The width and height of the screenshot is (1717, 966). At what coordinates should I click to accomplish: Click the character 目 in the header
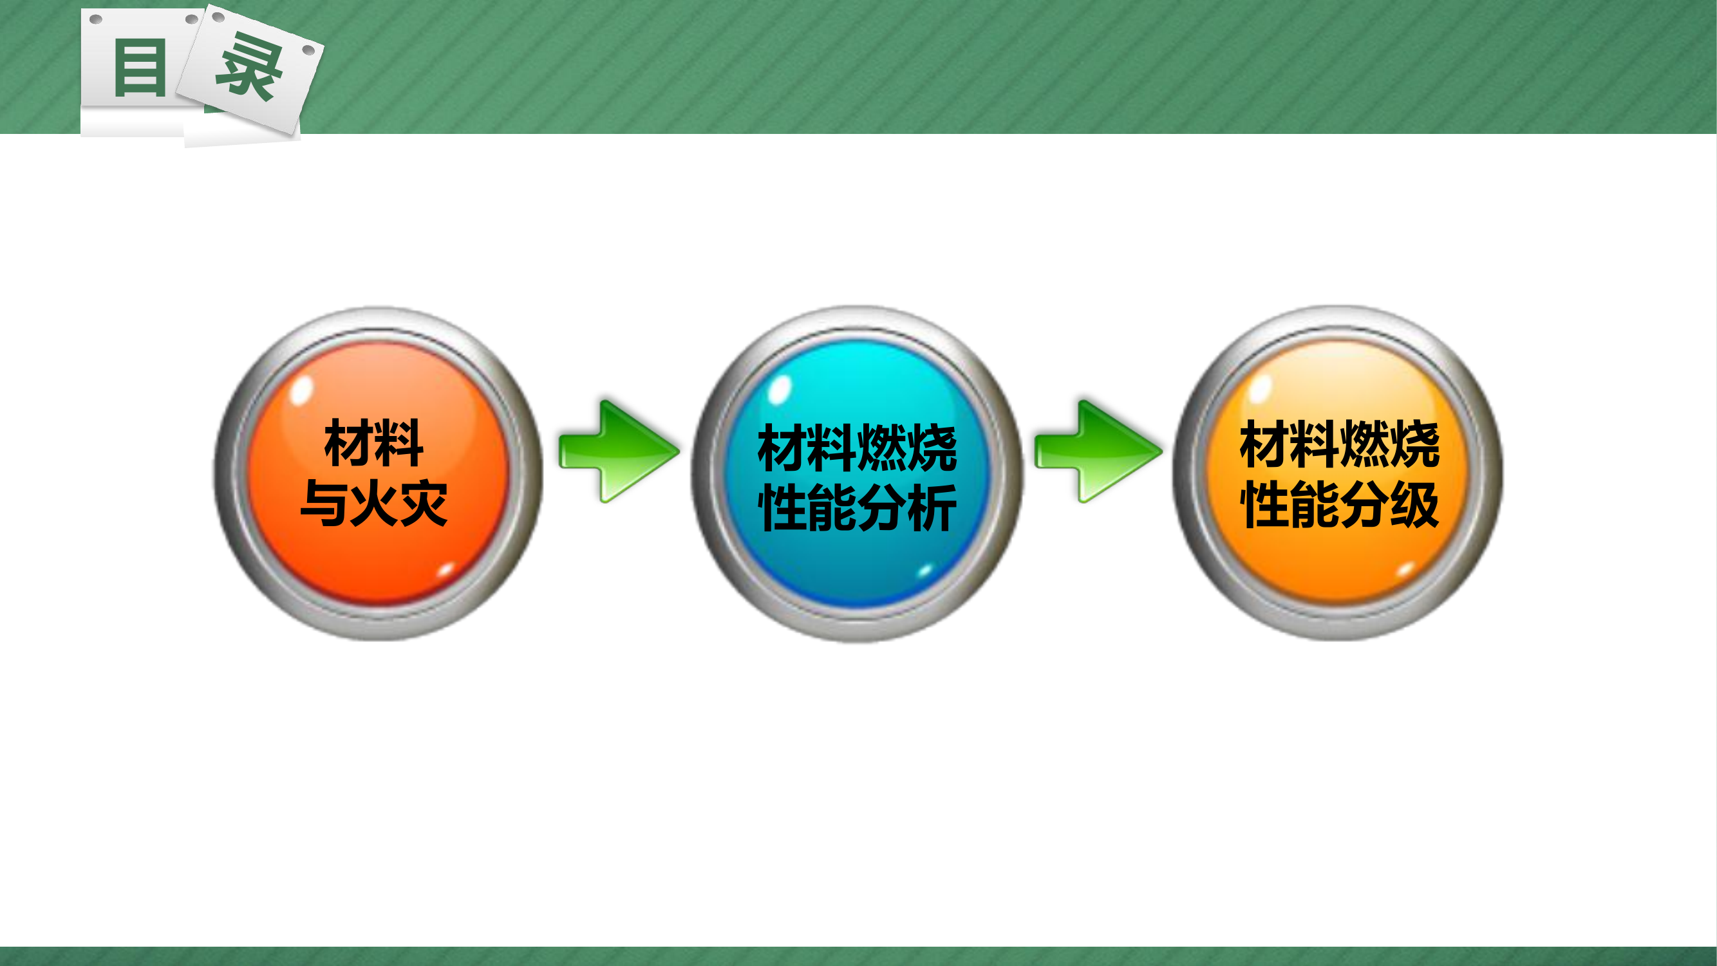pos(140,68)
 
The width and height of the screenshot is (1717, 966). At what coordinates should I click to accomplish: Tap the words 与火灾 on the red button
pos(374,504)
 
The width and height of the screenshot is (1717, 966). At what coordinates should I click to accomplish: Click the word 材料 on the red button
pos(374,443)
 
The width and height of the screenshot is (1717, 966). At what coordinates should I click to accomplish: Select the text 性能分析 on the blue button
pos(858,508)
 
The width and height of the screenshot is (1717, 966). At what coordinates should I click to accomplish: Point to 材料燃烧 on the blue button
pos(858,448)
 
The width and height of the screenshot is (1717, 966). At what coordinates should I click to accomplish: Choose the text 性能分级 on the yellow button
pos(1340,505)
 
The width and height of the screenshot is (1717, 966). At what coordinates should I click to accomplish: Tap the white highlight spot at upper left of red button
pos(301,390)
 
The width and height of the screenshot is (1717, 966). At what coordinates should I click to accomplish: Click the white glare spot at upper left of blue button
pos(779,390)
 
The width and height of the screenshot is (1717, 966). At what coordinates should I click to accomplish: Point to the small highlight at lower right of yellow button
pos(1405,570)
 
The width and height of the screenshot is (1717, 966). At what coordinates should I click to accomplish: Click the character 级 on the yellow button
pos(1414,505)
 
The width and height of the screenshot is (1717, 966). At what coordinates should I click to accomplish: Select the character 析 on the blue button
pos(933,508)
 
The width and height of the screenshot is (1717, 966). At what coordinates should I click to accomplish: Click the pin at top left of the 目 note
pos(96,19)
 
